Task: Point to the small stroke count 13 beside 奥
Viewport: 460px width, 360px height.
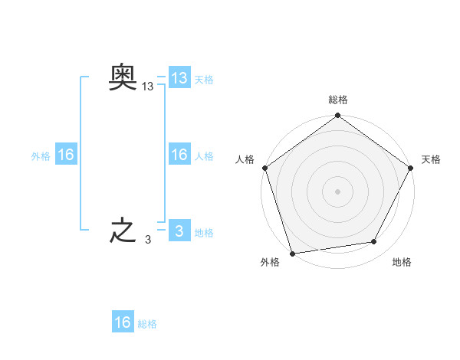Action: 148,87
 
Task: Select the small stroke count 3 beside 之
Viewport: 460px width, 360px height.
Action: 148,240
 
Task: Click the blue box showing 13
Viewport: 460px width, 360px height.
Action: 179,78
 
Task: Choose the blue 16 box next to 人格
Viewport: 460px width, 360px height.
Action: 179,155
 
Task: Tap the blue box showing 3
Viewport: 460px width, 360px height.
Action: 179,231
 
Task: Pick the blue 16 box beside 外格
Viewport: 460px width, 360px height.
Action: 66,155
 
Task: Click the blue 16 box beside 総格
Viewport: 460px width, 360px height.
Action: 123,322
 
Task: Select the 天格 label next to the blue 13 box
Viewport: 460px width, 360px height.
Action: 204,79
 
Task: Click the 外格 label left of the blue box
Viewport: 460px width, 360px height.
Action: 41,155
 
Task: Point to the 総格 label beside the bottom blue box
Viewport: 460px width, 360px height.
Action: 147,323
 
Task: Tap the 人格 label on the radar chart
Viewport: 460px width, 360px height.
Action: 245,159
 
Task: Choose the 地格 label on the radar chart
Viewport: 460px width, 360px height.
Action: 402,263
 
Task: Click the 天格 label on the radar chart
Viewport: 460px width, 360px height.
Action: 432,159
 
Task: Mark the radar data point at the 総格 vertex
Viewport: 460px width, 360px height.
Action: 337,116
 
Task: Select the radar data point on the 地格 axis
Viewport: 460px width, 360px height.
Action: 374,242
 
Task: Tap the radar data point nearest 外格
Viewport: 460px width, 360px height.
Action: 293,253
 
